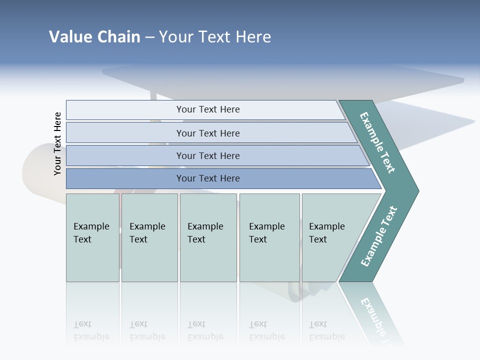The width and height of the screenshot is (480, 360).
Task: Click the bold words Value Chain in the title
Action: click(94, 37)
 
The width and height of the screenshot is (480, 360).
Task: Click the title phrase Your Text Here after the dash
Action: click(215, 37)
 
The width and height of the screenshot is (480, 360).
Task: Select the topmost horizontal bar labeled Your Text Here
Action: click(207, 109)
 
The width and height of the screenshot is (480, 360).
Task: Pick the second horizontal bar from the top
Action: click(207, 133)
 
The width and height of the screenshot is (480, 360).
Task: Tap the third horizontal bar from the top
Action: click(207, 155)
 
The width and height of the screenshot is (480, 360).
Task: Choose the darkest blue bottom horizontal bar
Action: click(207, 178)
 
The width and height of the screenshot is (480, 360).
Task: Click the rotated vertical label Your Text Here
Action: click(57, 143)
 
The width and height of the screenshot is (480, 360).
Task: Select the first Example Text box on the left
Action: click(92, 237)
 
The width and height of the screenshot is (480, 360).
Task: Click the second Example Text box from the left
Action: click(149, 237)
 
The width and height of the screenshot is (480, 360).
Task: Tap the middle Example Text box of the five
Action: click(208, 237)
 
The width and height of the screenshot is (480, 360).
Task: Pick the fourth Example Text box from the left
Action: click(269, 237)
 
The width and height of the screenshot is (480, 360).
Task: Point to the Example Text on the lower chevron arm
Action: click(379, 236)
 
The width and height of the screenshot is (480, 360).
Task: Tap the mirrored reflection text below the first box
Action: click(91, 330)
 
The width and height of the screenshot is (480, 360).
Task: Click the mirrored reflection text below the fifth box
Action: click(327, 330)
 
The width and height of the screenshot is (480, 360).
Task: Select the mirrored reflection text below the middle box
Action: click(205, 330)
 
